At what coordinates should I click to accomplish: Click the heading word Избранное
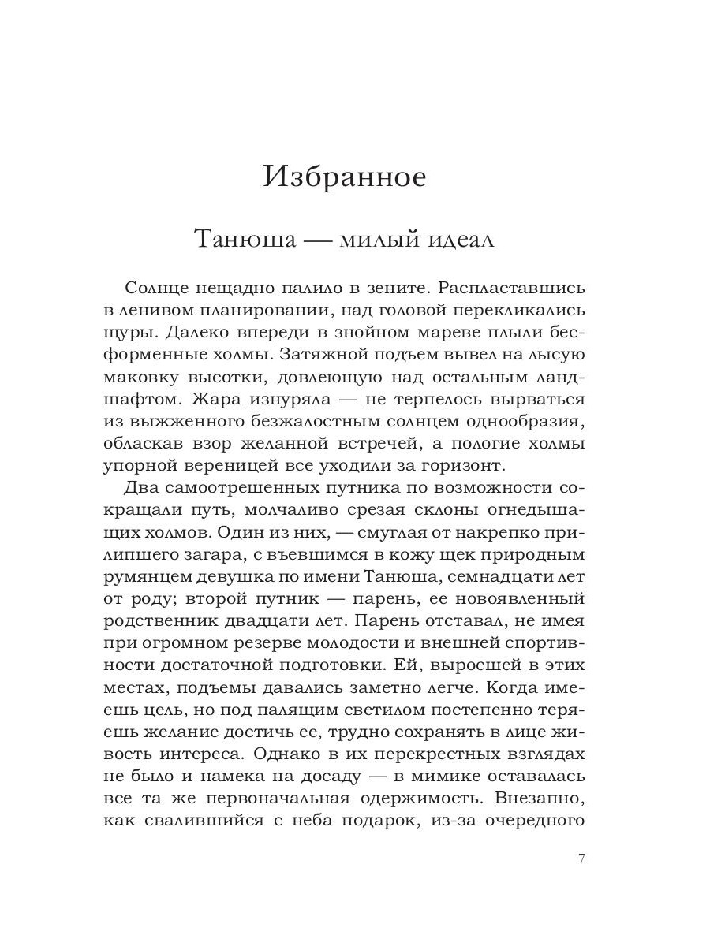coord(343,176)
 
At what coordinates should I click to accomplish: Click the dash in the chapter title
coord(316,240)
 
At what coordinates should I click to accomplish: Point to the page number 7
coord(581,858)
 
